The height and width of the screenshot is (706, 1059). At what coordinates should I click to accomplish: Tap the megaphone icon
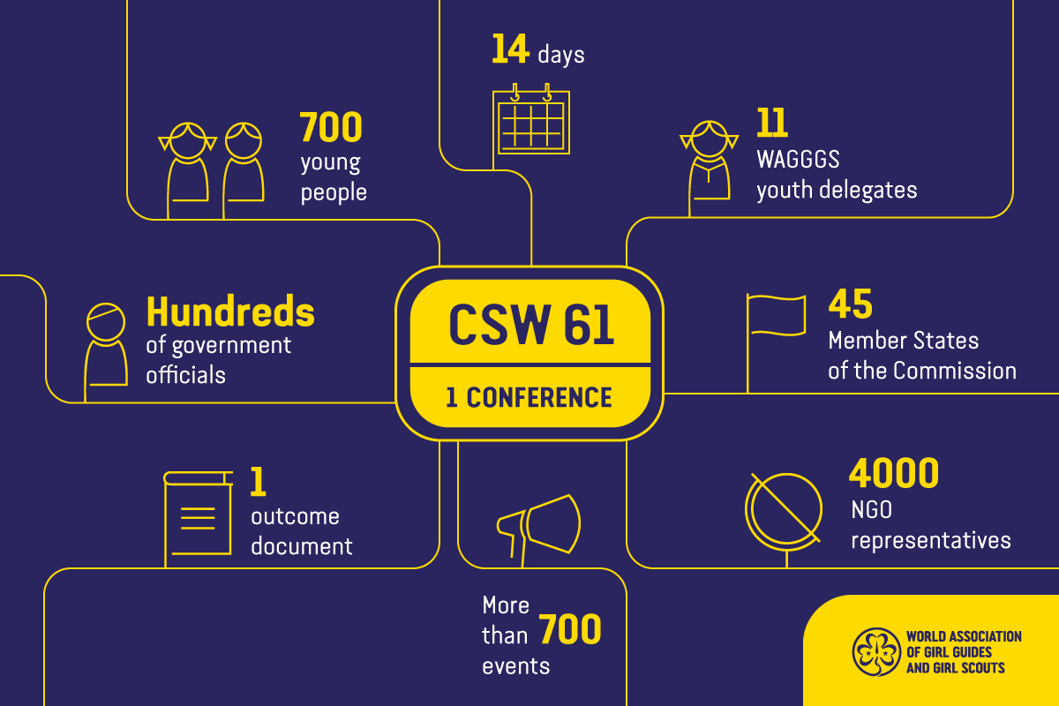tap(538, 526)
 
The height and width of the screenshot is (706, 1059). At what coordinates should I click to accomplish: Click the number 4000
tap(893, 474)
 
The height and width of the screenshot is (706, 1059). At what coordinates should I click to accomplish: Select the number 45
tap(850, 304)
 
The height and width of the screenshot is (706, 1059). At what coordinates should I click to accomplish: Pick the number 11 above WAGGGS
tap(771, 124)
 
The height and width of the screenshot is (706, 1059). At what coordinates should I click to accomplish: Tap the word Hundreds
tap(230, 312)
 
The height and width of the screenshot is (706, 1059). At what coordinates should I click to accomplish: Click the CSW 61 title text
tap(529, 324)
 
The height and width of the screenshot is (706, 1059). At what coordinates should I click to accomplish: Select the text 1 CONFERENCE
tap(529, 398)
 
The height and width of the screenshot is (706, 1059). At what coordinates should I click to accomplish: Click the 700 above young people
tap(331, 128)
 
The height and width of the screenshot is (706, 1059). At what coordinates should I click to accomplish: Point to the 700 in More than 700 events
tap(569, 630)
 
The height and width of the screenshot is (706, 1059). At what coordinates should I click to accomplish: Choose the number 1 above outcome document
tap(259, 482)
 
